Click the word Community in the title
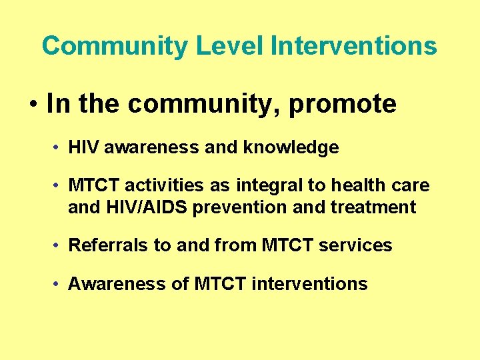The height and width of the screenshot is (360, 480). coord(115,46)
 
